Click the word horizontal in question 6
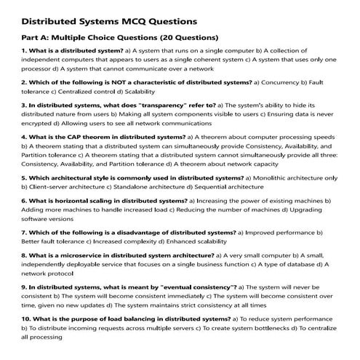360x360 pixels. [x=65, y=199]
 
